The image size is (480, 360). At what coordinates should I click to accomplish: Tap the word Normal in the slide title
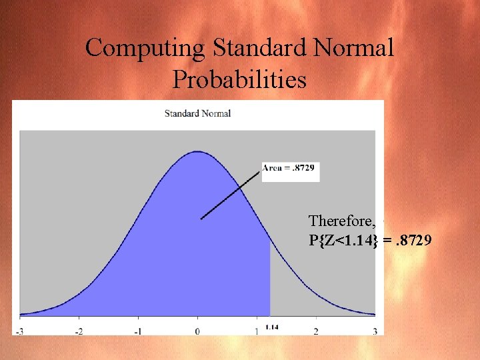357,48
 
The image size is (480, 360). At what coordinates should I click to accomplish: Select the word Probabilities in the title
239,79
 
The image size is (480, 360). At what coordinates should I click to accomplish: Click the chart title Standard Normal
197,113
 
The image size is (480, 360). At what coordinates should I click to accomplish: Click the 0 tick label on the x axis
197,331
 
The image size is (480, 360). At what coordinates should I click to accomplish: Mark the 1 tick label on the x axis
257,331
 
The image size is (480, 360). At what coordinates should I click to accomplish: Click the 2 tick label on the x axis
316,331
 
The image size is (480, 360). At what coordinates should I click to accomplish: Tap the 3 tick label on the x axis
375,331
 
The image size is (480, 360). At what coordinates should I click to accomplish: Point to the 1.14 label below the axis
272,327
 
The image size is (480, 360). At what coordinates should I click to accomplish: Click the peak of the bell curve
197,152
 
